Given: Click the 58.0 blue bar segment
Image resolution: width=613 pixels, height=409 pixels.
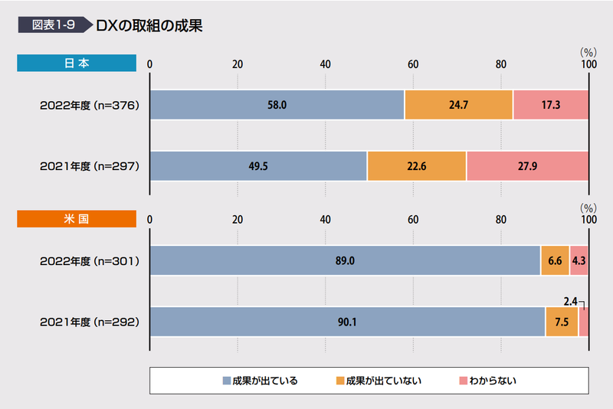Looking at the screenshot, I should pyautogui.click(x=277, y=105).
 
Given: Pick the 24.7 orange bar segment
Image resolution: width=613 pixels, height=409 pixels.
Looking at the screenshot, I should pyautogui.click(x=458, y=105).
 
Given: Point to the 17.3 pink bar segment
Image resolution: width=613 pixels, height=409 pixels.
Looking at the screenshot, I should pyautogui.click(x=550, y=105).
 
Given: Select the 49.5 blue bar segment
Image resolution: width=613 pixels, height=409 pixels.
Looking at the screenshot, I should pyautogui.click(x=258, y=166).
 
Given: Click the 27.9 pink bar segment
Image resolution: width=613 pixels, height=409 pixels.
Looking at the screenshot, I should pyautogui.click(x=527, y=166).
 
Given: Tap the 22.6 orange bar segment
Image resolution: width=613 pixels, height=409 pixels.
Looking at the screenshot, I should pyautogui.click(x=416, y=166).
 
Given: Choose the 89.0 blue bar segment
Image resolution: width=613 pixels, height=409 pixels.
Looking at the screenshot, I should pyautogui.click(x=345, y=261).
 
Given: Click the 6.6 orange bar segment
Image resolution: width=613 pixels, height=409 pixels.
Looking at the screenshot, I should pyautogui.click(x=555, y=261).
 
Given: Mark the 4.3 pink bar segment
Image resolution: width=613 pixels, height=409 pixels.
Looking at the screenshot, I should pyautogui.click(x=579, y=261).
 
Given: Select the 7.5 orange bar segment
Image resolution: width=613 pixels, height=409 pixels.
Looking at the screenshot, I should pyautogui.click(x=562, y=322).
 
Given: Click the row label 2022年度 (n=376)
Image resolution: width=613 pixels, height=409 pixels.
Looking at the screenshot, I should pyautogui.click(x=90, y=105).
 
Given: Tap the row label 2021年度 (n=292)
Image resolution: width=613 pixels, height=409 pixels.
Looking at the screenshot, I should pyautogui.click(x=90, y=322).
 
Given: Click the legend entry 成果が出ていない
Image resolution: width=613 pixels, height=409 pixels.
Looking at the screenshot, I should pyautogui.click(x=379, y=381).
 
